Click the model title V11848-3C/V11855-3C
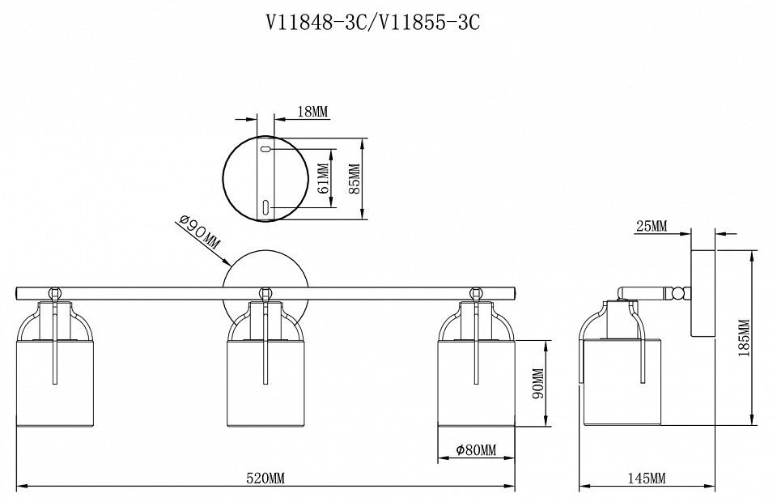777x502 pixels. tap(373, 23)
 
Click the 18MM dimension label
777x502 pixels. tap(312, 112)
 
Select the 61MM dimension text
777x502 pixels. tap(323, 179)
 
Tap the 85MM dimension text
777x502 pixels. tap(355, 179)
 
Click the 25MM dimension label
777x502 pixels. tap(652, 227)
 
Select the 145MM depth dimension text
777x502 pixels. tap(647, 479)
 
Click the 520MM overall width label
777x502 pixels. tap(265, 479)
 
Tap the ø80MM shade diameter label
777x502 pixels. tap(476, 449)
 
